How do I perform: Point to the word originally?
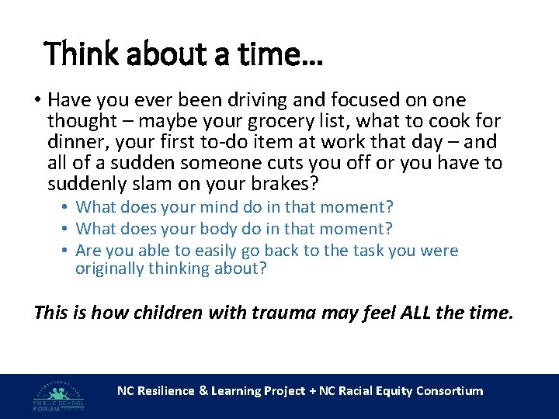(x=108, y=268)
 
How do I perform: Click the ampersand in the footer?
(x=204, y=391)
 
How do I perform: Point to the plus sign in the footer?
(x=312, y=391)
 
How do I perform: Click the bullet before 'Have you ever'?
(x=36, y=100)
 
